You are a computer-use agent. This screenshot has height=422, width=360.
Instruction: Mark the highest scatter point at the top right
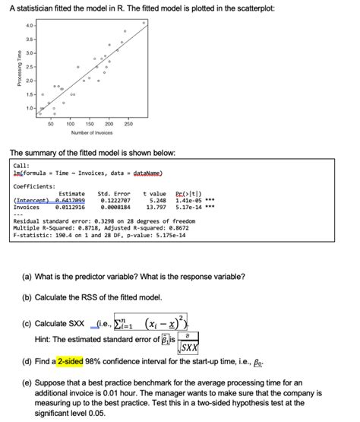click(x=144, y=24)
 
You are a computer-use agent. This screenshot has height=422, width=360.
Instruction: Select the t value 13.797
click(x=155, y=207)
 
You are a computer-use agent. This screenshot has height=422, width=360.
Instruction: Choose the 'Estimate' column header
click(x=71, y=193)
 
